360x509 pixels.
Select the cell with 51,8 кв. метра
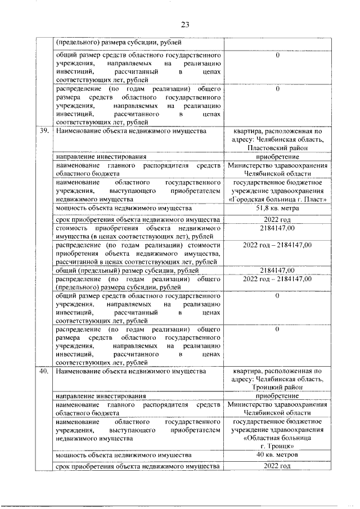277,209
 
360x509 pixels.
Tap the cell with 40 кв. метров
277,454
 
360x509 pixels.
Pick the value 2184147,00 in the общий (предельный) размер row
277,270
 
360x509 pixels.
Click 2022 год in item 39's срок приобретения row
277,219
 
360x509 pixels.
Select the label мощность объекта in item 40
123,454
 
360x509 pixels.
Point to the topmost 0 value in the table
278,56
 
